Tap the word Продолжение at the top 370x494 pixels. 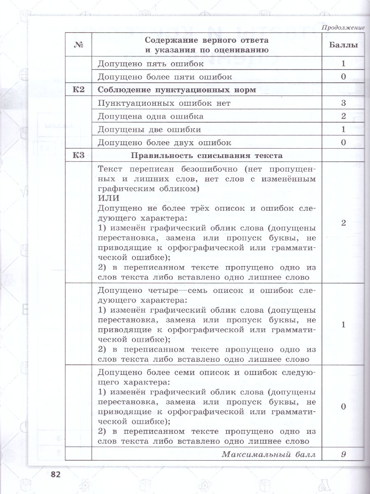point(343,28)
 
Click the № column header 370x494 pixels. point(79,45)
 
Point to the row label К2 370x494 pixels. point(79,90)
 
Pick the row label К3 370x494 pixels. point(79,156)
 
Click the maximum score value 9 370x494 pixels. point(343,454)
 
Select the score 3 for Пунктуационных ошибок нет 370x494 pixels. point(343,103)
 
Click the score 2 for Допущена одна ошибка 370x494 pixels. point(343,116)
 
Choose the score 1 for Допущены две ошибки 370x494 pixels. point(343,129)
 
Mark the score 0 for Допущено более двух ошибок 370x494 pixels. point(343,142)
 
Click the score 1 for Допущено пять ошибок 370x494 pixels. point(343,64)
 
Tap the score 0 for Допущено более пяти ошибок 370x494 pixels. point(343,77)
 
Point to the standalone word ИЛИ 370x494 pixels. point(108,198)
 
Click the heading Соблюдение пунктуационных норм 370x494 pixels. point(177,90)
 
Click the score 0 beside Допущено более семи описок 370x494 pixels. point(343,406)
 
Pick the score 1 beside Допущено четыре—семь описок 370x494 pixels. point(343,324)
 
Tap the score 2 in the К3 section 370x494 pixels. point(343,223)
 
